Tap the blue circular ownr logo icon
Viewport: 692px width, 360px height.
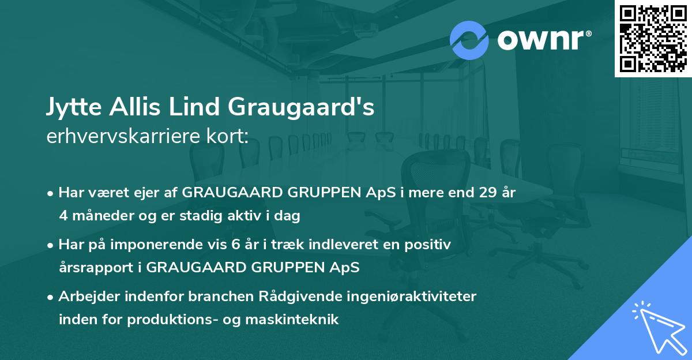click(469, 39)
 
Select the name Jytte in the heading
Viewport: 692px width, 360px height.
click(71, 107)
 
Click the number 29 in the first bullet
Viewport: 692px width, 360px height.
click(482, 193)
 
